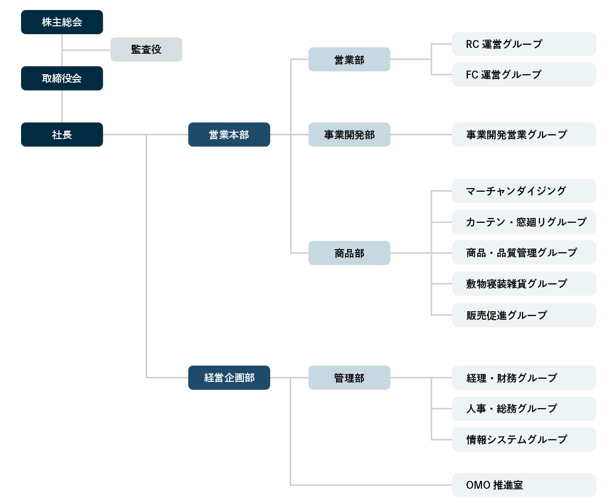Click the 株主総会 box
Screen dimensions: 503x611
[x=62, y=22]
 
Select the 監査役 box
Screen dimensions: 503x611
[x=146, y=50]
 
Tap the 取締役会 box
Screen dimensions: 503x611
[x=62, y=78]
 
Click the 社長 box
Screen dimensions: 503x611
[x=62, y=134]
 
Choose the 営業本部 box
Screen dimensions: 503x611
[x=229, y=134]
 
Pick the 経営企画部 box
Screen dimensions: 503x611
[x=229, y=378]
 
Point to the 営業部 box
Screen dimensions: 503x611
[x=349, y=60]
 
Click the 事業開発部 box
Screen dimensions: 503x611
[x=349, y=134]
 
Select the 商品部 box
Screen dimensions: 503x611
[x=349, y=253]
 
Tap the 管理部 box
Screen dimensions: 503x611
[x=349, y=378]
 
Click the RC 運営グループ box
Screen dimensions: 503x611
[x=524, y=44]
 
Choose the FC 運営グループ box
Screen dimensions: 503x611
[x=524, y=75]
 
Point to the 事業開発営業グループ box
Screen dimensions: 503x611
[x=524, y=134]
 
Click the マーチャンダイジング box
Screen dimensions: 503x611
[x=524, y=191]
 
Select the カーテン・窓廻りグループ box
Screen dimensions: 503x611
[x=524, y=222]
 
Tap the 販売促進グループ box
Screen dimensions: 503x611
[x=524, y=315]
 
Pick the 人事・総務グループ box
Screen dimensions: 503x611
[x=524, y=408]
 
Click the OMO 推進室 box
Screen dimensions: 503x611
[x=524, y=485]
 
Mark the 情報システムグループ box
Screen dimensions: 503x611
[x=524, y=439]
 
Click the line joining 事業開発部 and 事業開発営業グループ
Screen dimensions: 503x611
[x=421, y=134]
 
